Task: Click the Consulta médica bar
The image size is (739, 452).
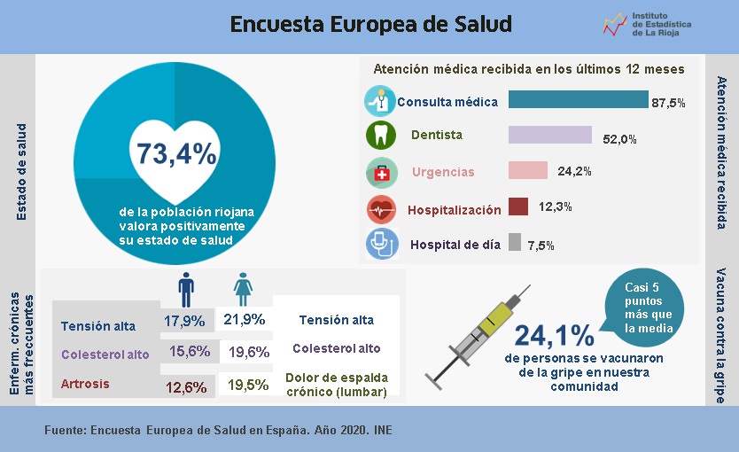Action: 578,99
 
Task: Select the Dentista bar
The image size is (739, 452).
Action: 549,135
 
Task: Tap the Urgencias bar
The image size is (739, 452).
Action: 527,170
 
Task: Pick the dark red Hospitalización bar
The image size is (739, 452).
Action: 518,207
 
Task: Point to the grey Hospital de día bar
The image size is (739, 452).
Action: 514,242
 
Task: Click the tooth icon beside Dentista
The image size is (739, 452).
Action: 380,136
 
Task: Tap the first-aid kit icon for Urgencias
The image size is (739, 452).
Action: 381,173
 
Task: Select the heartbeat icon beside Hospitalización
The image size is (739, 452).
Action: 381,209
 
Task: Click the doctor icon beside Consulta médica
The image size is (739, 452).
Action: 381,100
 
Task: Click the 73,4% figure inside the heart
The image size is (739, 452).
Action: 176,153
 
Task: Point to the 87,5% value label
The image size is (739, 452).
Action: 668,103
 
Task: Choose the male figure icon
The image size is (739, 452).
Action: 186,288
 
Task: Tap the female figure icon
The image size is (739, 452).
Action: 242,288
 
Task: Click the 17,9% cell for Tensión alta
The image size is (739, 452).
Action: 185,320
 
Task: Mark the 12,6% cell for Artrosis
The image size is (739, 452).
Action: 186,386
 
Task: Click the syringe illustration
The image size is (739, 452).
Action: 478,332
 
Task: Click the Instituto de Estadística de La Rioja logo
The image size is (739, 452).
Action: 647,25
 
